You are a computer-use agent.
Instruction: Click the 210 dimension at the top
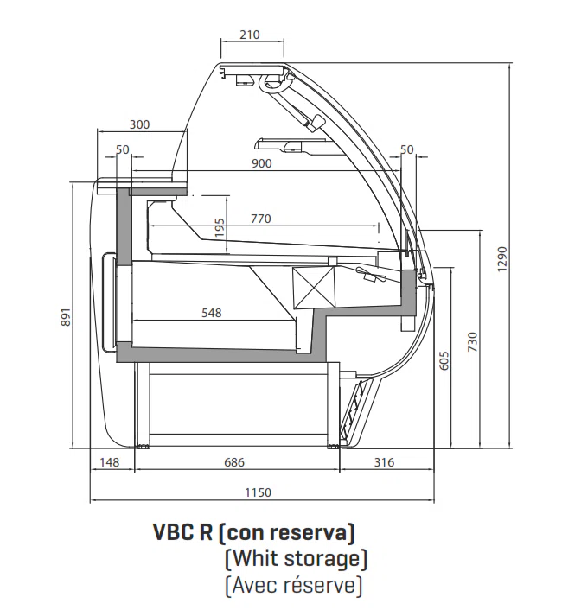pyautogui.click(x=249, y=35)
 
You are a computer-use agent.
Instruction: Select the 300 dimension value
pyautogui.click(x=139, y=124)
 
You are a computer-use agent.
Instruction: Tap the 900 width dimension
pyautogui.click(x=262, y=163)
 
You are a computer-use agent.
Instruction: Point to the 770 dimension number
pyautogui.click(x=261, y=219)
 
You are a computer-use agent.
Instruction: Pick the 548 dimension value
pyautogui.click(x=211, y=313)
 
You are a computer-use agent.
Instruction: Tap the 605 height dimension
pyautogui.click(x=444, y=360)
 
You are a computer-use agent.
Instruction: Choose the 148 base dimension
pyautogui.click(x=110, y=463)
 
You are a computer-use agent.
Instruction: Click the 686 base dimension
pyautogui.click(x=235, y=463)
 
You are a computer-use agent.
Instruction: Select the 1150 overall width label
pyautogui.click(x=258, y=492)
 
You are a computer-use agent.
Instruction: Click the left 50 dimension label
pyautogui.click(x=122, y=149)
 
